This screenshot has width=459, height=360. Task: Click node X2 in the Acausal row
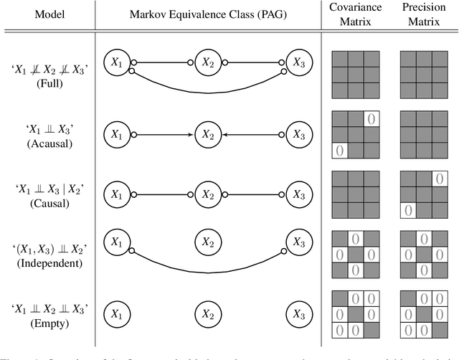208,133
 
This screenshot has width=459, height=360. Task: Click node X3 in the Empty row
299,313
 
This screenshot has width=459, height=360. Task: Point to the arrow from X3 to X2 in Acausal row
251,133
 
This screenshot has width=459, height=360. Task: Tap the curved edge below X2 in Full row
208,90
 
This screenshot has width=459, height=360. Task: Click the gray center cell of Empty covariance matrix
356,314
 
